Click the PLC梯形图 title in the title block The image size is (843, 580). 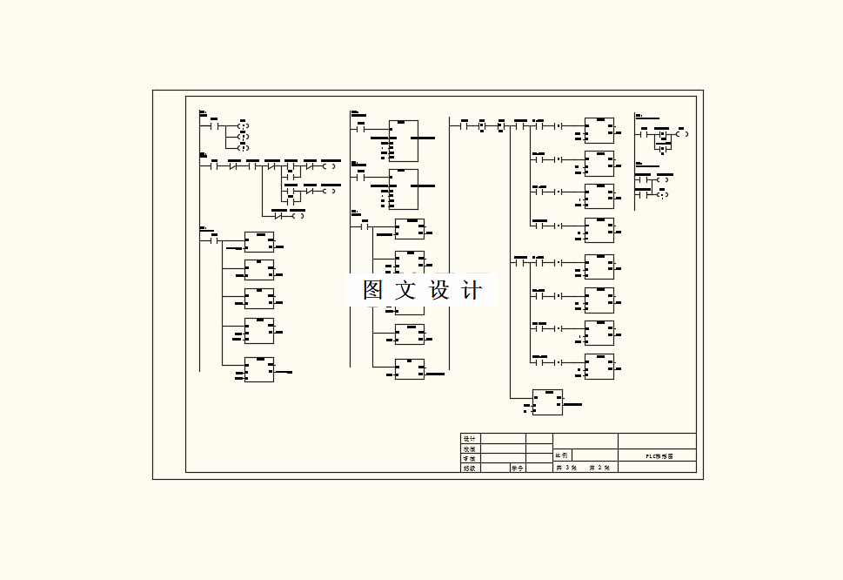click(659, 455)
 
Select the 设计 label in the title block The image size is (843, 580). click(470, 439)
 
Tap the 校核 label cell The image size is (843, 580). click(470, 448)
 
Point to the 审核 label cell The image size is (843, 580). click(470, 458)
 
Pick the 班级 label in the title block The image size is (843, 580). click(470, 468)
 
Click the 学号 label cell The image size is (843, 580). click(517, 468)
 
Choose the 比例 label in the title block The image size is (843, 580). click(562, 455)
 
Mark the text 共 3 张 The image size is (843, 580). click(566, 468)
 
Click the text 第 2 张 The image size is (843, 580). click(599, 468)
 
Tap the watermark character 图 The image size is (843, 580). click(373, 290)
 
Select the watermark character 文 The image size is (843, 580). click(405, 290)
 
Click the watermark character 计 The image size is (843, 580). click(471, 290)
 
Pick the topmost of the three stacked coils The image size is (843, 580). click(244, 126)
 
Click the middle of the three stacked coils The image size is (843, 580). click(244, 137)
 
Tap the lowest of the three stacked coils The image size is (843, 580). click(244, 147)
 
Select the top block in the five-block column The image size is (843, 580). click(259, 242)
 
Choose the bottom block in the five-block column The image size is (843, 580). click(259, 369)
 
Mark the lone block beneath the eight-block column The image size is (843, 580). click(547, 402)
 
